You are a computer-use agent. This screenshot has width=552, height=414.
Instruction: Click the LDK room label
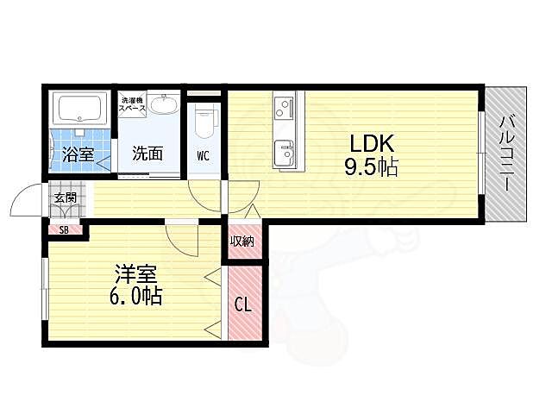pos(371,144)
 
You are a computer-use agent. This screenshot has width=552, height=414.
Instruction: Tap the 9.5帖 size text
pos(371,166)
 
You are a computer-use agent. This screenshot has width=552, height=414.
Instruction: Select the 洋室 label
pos(136,274)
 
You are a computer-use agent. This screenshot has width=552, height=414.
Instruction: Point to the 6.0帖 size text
pos(136,297)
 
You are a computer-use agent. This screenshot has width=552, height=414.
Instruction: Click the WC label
pos(204,156)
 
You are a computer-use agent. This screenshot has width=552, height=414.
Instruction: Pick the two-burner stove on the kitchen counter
pos(284,107)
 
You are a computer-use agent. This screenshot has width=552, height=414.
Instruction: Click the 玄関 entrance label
pos(66,198)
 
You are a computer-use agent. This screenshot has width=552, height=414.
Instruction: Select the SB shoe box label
pos(64,230)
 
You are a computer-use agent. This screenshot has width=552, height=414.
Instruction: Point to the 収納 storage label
pos(242,241)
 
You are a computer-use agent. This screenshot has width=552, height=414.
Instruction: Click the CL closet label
pos(243,304)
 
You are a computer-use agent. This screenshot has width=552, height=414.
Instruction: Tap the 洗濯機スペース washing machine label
pos(132,104)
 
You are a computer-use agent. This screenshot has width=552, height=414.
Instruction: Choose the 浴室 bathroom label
pos(78,154)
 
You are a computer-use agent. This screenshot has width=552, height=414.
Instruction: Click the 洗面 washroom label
pos(147,154)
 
